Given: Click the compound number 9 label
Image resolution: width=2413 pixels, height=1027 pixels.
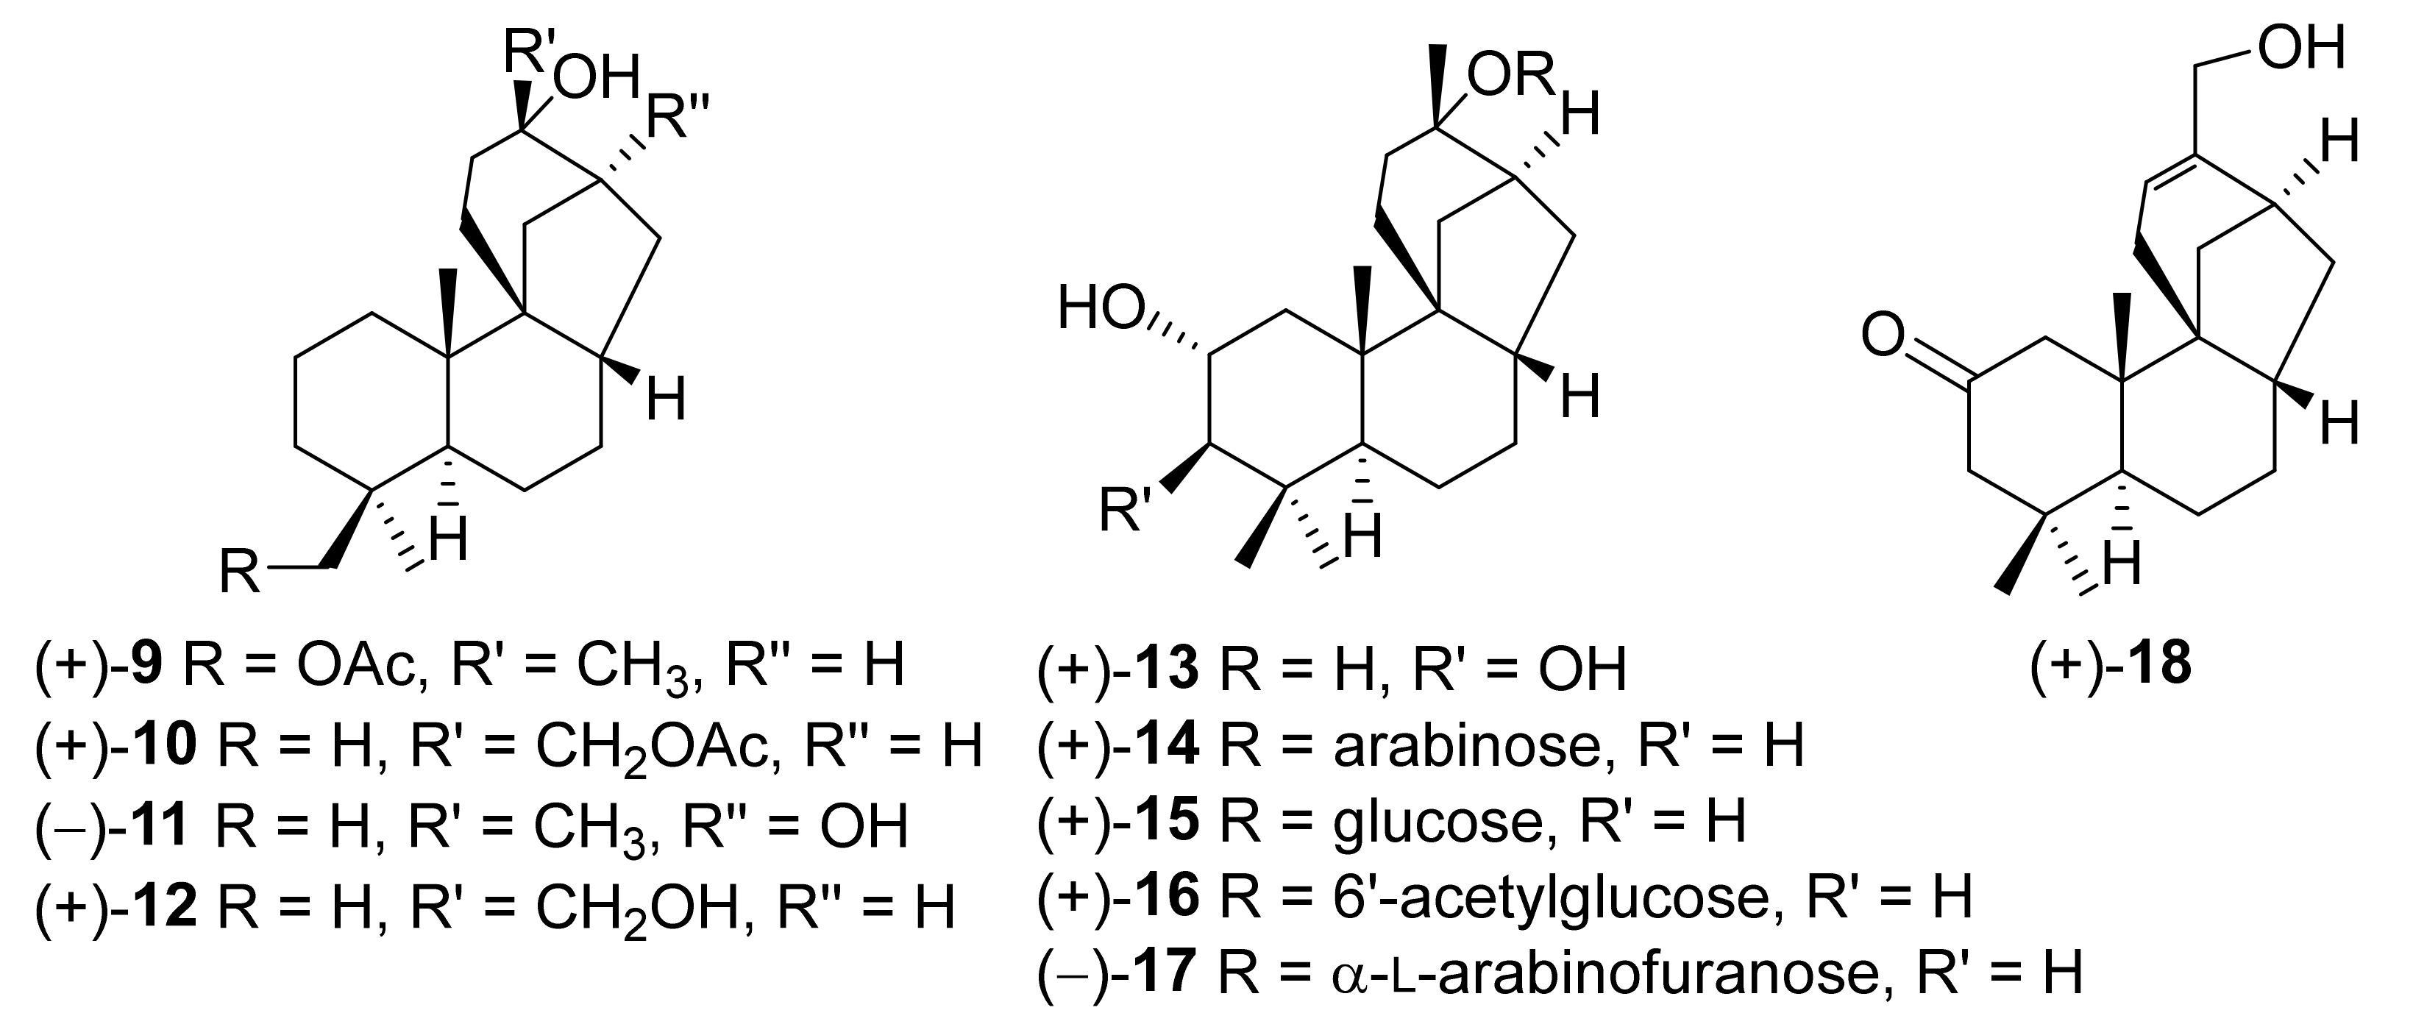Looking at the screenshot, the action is [x=148, y=664].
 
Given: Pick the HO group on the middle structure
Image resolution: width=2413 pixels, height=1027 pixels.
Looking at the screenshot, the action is [x=1101, y=310].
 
